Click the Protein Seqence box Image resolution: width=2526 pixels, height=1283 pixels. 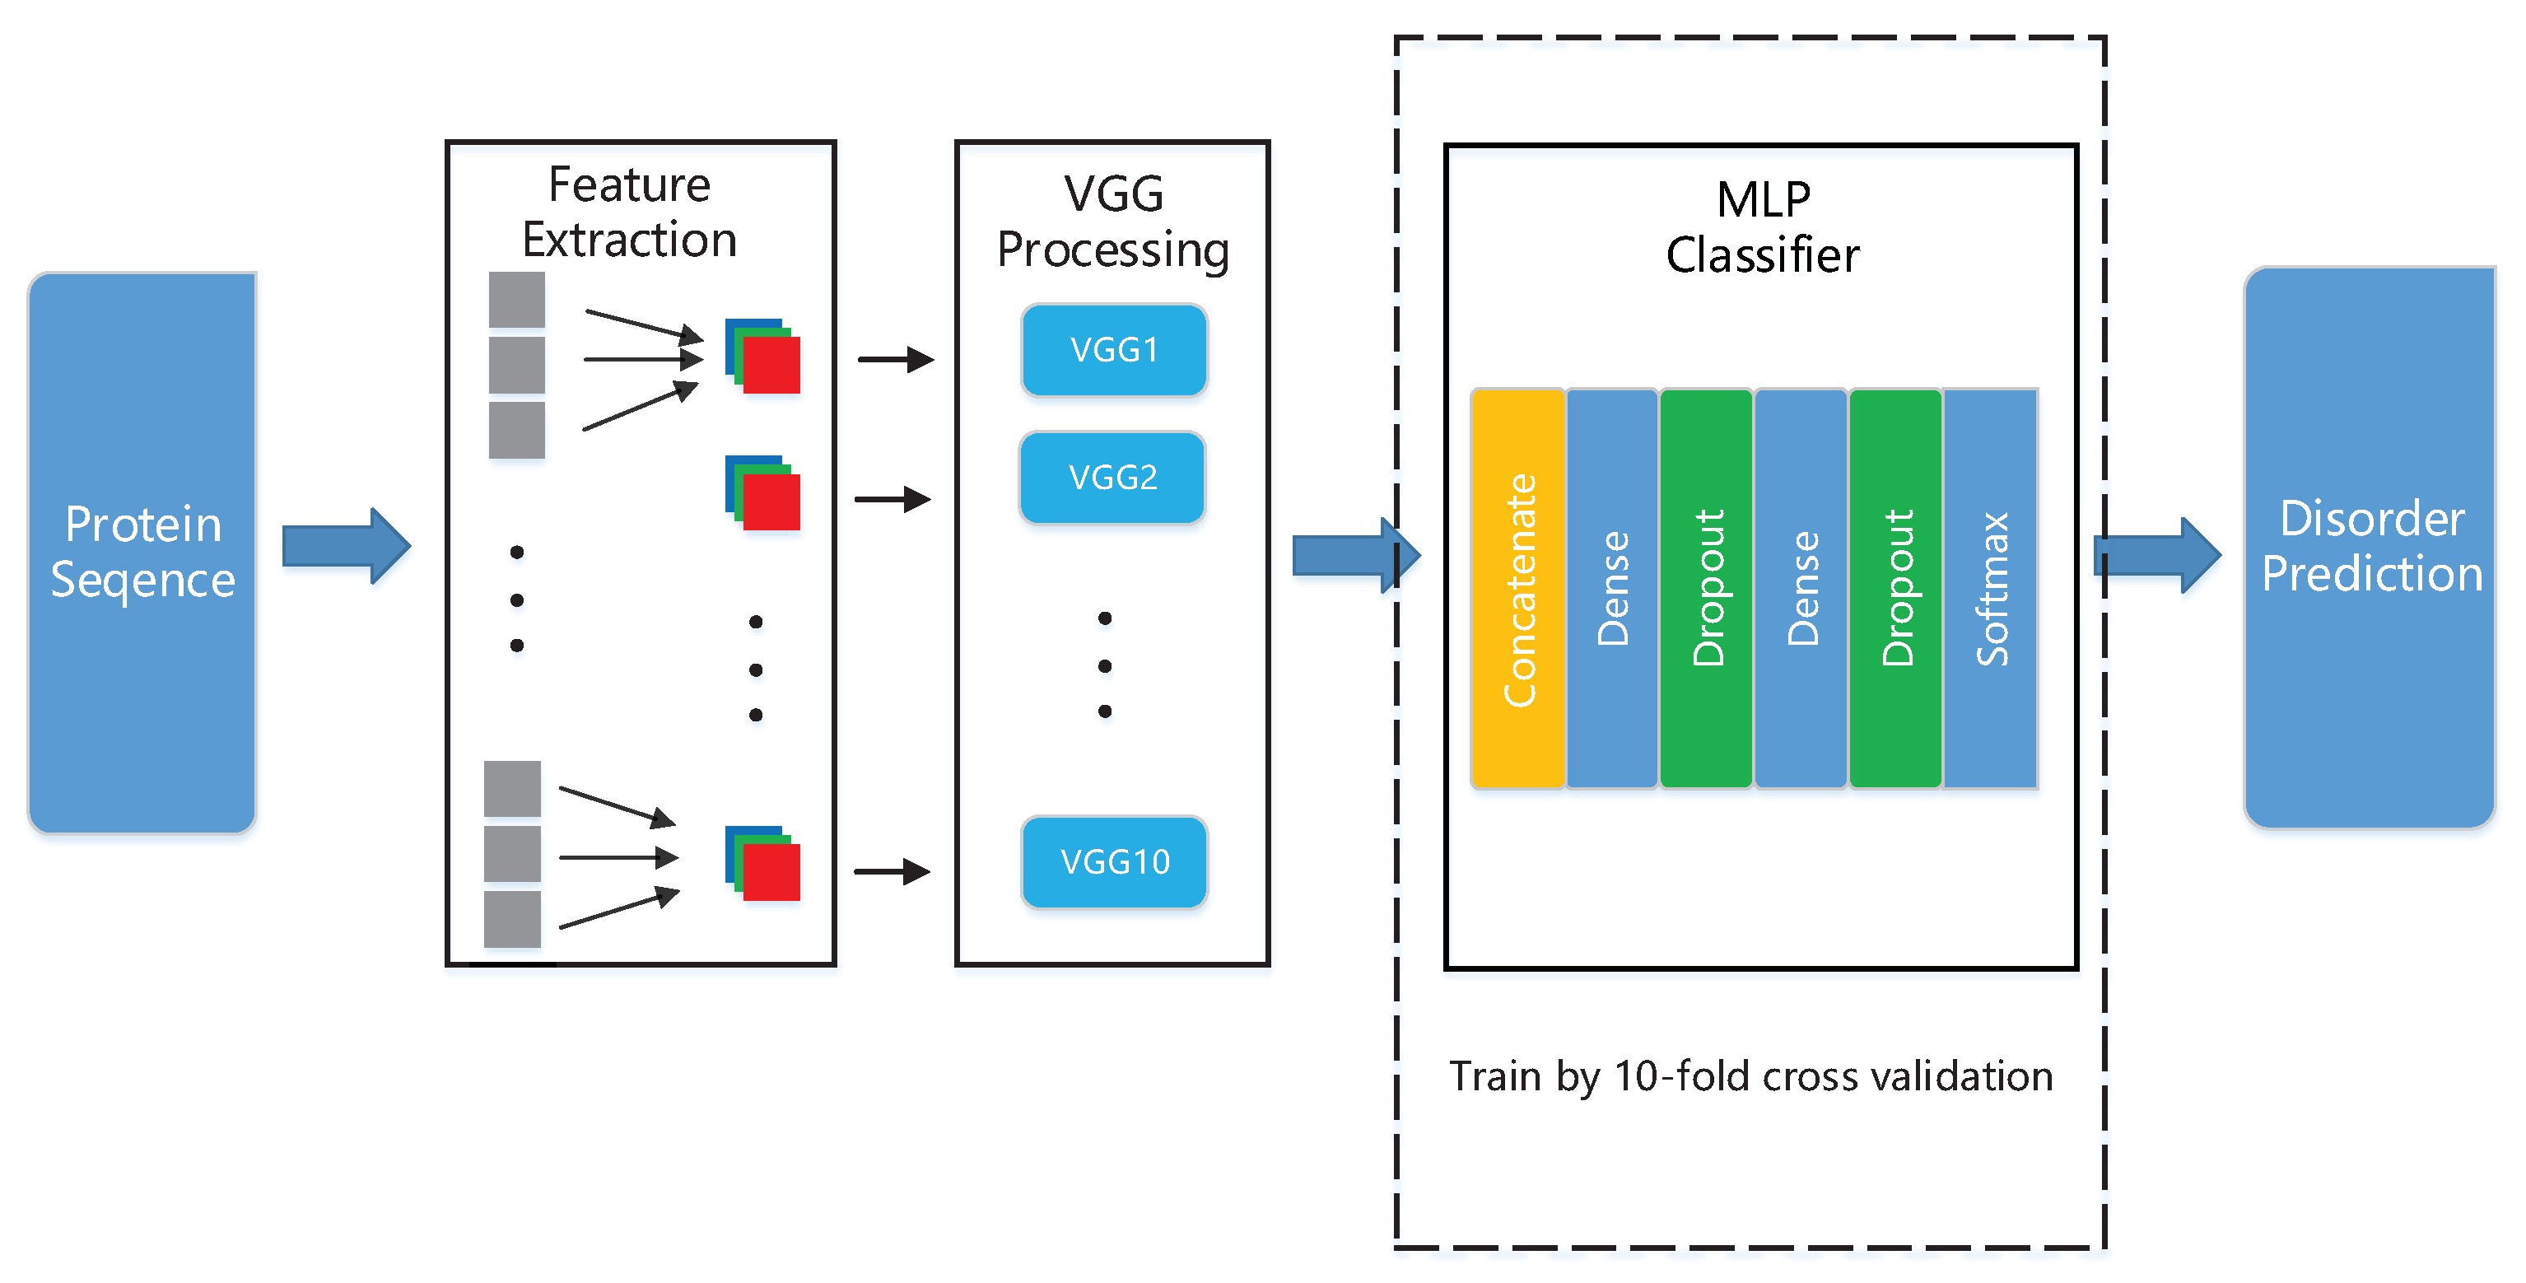click(x=142, y=553)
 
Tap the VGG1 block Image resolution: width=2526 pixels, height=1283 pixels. click(x=1114, y=350)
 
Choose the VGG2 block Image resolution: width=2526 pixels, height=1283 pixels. click(x=1112, y=478)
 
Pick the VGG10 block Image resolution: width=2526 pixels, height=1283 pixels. click(x=1114, y=862)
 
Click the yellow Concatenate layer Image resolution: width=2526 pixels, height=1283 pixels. click(x=1518, y=589)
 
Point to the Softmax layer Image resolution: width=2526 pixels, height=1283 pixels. click(x=1991, y=589)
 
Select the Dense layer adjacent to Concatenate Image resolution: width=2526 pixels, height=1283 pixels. click(x=1612, y=589)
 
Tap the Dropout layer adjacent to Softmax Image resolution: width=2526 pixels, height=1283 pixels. click(x=1895, y=589)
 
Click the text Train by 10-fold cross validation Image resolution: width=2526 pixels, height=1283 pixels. click(x=1750, y=1077)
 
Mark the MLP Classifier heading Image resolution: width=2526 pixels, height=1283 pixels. click(x=1762, y=227)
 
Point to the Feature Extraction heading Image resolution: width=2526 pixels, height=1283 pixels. click(x=630, y=212)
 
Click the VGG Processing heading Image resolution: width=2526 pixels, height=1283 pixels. click(x=1113, y=222)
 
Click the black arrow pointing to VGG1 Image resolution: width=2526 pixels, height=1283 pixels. click(x=894, y=360)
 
